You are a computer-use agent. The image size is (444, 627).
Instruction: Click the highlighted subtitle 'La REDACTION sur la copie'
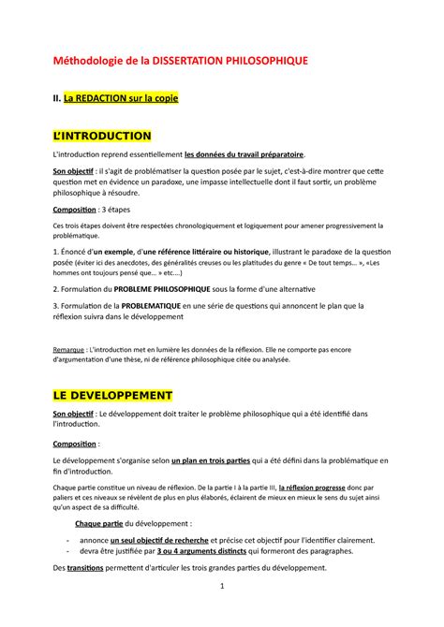pos(121,97)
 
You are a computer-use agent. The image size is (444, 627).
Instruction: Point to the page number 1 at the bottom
pos(222,587)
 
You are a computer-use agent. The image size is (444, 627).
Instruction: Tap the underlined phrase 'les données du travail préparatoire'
pos(244,155)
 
